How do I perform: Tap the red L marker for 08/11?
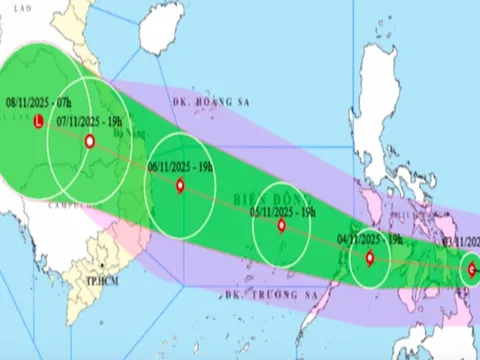pos(38,122)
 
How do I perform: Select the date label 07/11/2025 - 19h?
pos(90,121)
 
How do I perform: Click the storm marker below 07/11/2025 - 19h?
pos(90,142)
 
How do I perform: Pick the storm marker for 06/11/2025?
pos(179,184)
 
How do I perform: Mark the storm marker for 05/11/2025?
pos(281,226)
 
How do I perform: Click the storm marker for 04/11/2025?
pos(370,258)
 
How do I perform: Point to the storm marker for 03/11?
pos(471,268)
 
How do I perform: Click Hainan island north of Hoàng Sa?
pos(164,27)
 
